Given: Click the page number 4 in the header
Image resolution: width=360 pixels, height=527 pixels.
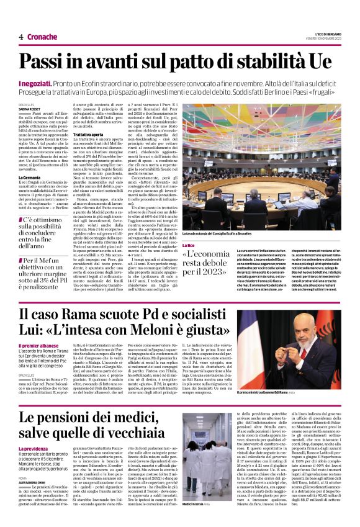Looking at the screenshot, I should [20, 37].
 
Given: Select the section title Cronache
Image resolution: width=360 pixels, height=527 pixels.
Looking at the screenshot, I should [42, 37].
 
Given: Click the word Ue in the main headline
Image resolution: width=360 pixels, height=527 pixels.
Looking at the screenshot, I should [320, 62].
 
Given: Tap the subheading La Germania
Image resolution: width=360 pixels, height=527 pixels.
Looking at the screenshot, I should [31, 177].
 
